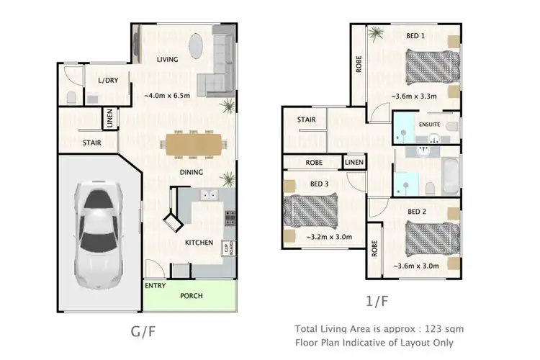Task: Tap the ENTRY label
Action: tap(155, 286)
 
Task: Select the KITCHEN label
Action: tap(198, 243)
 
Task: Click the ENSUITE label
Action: tap(430, 125)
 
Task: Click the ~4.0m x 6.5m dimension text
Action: tap(167, 95)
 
